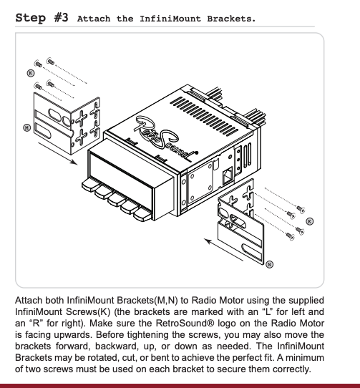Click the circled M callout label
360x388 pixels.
click(x=27, y=128)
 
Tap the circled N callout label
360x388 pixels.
click(x=269, y=265)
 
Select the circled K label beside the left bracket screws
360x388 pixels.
click(x=31, y=73)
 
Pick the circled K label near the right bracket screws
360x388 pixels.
click(x=309, y=221)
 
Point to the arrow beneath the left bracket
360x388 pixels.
click(x=57, y=153)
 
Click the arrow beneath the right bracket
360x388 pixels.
click(x=223, y=250)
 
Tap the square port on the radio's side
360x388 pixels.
click(x=228, y=176)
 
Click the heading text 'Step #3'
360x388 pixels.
click(x=42, y=18)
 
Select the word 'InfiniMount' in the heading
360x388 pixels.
click(x=170, y=19)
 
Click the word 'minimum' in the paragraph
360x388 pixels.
click(x=306, y=357)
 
